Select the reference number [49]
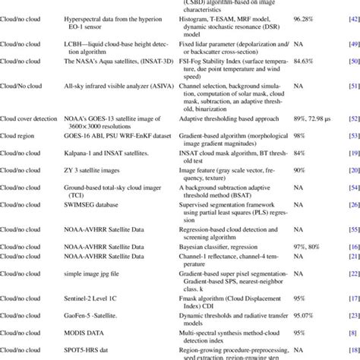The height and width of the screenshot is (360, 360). pyautogui.click(x=353, y=46)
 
